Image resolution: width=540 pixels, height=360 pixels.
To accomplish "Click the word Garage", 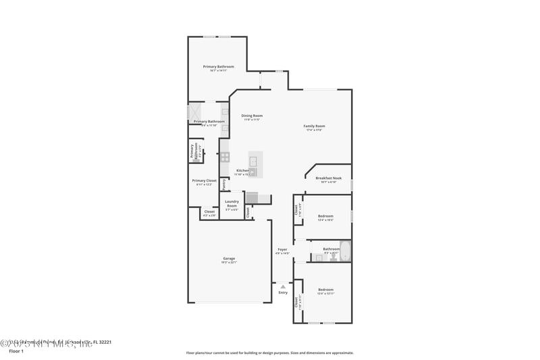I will pyautogui.click(x=229, y=258).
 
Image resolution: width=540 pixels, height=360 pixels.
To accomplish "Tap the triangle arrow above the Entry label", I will pyautogui.click(x=283, y=286).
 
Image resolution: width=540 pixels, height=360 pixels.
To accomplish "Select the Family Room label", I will pyautogui.click(x=314, y=126).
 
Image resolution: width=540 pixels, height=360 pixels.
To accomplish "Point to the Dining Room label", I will pyautogui.click(x=252, y=115).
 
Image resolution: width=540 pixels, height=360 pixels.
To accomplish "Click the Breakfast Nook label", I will pyautogui.click(x=328, y=178).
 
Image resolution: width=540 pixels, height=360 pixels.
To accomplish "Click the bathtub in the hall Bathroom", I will pyautogui.click(x=345, y=251).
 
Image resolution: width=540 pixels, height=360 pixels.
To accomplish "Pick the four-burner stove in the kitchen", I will pyautogui.click(x=225, y=157).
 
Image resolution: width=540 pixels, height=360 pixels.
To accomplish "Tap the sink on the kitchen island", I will pyautogui.click(x=253, y=161).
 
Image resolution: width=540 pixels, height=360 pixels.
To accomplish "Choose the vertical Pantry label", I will pyautogui.click(x=224, y=183).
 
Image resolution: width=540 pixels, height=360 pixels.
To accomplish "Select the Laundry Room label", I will pyautogui.click(x=232, y=203).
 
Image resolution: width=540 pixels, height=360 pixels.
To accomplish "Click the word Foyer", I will pyautogui.click(x=282, y=249).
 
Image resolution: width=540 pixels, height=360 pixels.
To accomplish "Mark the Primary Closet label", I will pyautogui.click(x=204, y=180).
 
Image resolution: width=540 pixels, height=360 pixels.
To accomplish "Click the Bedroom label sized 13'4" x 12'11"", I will pyautogui.click(x=325, y=289).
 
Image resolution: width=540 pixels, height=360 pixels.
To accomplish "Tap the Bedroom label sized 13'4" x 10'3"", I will pyautogui.click(x=325, y=216).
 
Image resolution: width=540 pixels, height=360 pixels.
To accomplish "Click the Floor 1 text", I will pyautogui.click(x=16, y=351).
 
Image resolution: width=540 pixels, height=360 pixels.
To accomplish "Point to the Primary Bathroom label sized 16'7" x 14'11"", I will pyautogui.click(x=219, y=66).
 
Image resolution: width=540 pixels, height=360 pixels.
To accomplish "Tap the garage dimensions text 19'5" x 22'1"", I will pyautogui.click(x=229, y=262).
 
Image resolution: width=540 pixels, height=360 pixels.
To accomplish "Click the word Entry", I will pyautogui.click(x=283, y=292).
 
